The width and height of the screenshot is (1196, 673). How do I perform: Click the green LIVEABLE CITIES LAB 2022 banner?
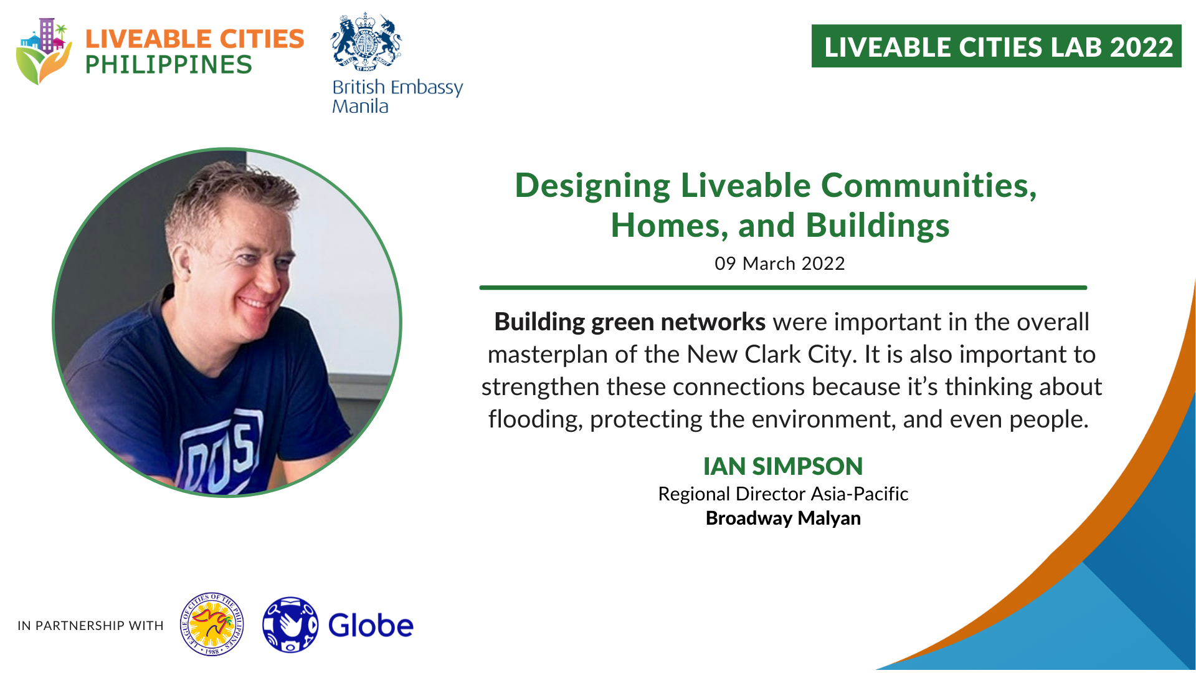996,46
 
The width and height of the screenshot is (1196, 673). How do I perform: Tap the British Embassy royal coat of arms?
366,42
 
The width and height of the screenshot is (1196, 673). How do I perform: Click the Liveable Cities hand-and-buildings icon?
43,51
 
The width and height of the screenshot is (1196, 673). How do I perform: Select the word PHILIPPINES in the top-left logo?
168,65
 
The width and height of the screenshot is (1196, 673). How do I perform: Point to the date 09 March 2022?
780,264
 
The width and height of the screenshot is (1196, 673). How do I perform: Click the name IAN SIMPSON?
783,466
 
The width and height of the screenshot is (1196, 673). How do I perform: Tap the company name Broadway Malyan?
783,518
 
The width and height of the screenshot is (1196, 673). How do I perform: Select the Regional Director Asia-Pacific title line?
783,494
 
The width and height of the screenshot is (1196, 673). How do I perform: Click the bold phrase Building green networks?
630,322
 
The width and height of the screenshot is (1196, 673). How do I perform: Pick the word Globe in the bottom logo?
371,626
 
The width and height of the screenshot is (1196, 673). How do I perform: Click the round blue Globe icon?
290,624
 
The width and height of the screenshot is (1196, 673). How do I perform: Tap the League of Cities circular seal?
212,624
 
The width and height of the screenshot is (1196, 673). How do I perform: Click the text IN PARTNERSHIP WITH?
90,626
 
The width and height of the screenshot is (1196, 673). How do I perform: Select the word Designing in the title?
592,187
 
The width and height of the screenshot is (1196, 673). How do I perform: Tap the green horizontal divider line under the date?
783,288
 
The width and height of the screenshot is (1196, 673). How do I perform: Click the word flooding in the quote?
535,419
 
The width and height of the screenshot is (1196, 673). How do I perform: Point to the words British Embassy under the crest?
397,87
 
